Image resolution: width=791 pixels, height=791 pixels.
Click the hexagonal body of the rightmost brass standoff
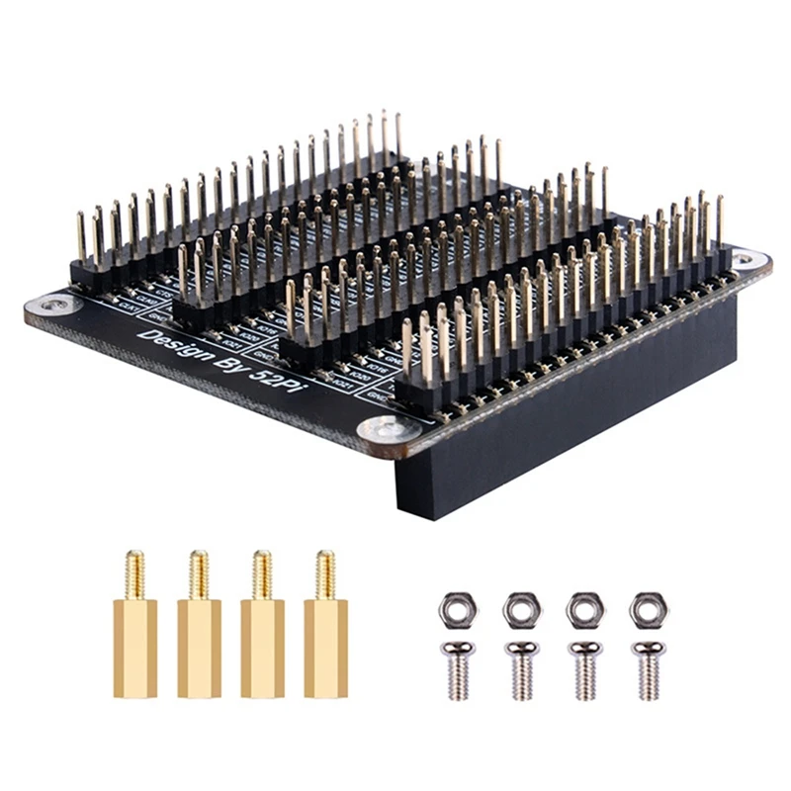325,648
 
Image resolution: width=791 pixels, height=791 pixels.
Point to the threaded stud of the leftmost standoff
134,574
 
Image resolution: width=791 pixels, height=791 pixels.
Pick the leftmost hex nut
458,609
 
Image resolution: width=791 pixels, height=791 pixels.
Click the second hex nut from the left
521,609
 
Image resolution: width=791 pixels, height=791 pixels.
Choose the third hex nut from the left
584,609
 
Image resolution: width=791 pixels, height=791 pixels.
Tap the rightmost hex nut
649,609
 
